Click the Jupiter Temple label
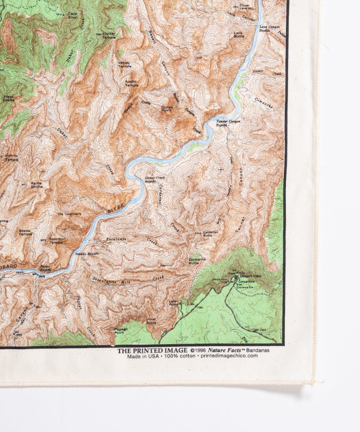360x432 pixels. point(109,35)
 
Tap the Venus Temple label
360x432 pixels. point(124,64)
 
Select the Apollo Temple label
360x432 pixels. point(131,83)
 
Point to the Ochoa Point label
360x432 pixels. point(166,108)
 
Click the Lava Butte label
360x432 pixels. point(239,35)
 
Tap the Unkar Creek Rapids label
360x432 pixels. point(150,179)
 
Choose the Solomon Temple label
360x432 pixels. point(57,241)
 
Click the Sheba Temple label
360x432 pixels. point(25,232)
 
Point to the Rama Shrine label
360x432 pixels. point(37,184)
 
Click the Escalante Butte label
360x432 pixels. point(197,261)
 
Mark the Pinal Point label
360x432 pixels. point(152,320)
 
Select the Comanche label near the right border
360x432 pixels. point(263,102)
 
